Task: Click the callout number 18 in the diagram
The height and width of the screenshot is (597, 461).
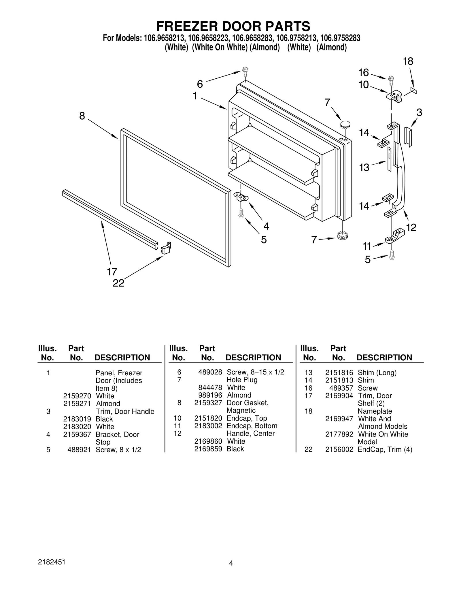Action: pyautogui.click(x=408, y=61)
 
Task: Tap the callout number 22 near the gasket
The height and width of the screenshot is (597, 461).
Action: pyautogui.click(x=118, y=283)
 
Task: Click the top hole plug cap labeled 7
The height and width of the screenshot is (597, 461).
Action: pyautogui.click(x=345, y=125)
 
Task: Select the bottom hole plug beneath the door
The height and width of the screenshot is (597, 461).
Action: pyautogui.click(x=342, y=236)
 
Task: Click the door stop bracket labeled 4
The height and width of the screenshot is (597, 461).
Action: pyautogui.click(x=241, y=197)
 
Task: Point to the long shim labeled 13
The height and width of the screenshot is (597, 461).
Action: pyautogui.click(x=390, y=159)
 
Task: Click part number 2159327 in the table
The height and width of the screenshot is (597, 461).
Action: pyautogui.click(x=208, y=403)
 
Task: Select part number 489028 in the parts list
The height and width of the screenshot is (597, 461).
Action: pyautogui.click(x=210, y=372)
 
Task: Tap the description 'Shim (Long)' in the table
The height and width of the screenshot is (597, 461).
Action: pyautogui.click(x=377, y=373)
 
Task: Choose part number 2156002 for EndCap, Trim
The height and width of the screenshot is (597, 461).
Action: pyautogui.click(x=339, y=449)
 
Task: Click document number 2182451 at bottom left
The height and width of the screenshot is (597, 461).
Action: pyautogui.click(x=52, y=562)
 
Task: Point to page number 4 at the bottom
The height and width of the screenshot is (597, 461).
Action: pyautogui.click(x=231, y=563)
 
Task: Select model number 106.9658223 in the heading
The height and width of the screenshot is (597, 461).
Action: pyautogui.click(x=209, y=38)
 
